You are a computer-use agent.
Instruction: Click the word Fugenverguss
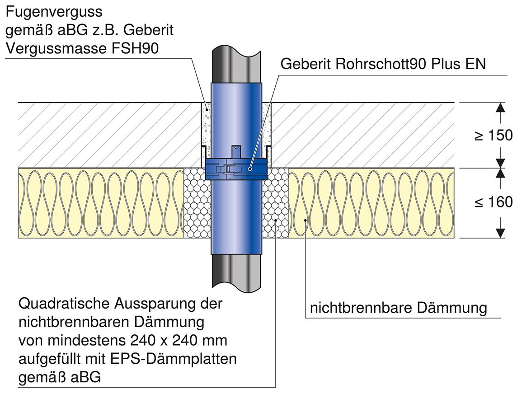click(x=54, y=12)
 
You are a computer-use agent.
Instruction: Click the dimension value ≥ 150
click(x=493, y=135)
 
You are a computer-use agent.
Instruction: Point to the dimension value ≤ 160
click(x=493, y=202)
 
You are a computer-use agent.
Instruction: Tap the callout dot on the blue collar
click(x=250, y=169)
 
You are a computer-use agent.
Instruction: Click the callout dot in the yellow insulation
click(x=305, y=220)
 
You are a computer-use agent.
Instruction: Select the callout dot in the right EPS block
click(x=276, y=220)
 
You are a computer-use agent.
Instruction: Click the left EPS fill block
click(x=197, y=202)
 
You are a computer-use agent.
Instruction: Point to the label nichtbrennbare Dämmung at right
click(x=398, y=308)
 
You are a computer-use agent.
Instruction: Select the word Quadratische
click(x=64, y=304)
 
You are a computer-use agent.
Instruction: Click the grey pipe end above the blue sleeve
click(x=236, y=65)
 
